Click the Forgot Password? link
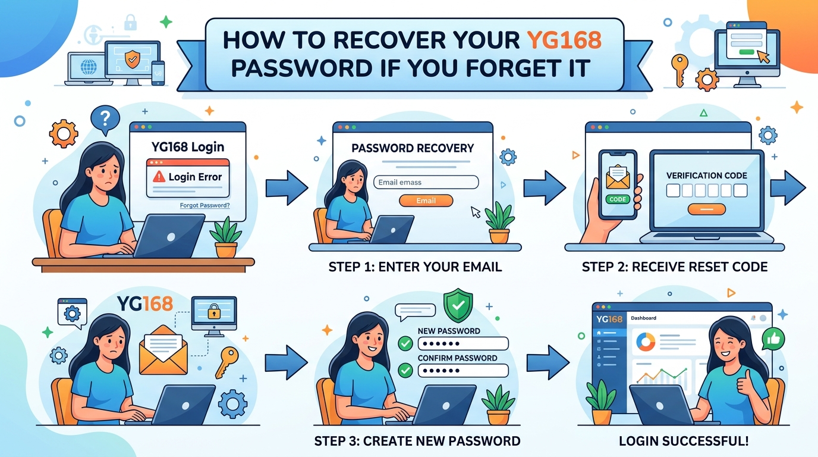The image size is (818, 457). [204, 205]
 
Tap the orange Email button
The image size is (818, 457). [426, 201]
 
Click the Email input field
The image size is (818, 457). [426, 182]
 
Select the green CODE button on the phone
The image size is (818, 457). [618, 199]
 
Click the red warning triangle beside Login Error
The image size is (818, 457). [159, 177]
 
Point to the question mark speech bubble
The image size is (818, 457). [105, 119]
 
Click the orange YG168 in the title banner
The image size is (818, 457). [564, 40]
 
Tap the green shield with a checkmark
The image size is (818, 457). [458, 305]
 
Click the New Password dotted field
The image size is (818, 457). [463, 344]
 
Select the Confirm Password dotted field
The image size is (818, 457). [463, 371]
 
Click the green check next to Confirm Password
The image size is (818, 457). [405, 370]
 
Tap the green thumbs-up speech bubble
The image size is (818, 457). [773, 339]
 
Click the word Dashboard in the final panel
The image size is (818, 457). [643, 318]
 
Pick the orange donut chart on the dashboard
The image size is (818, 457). [646, 342]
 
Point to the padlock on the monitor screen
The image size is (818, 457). [213, 311]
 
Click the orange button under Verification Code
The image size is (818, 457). [706, 209]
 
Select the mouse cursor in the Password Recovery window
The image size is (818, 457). [476, 212]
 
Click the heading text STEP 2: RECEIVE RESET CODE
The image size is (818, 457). [675, 267]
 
